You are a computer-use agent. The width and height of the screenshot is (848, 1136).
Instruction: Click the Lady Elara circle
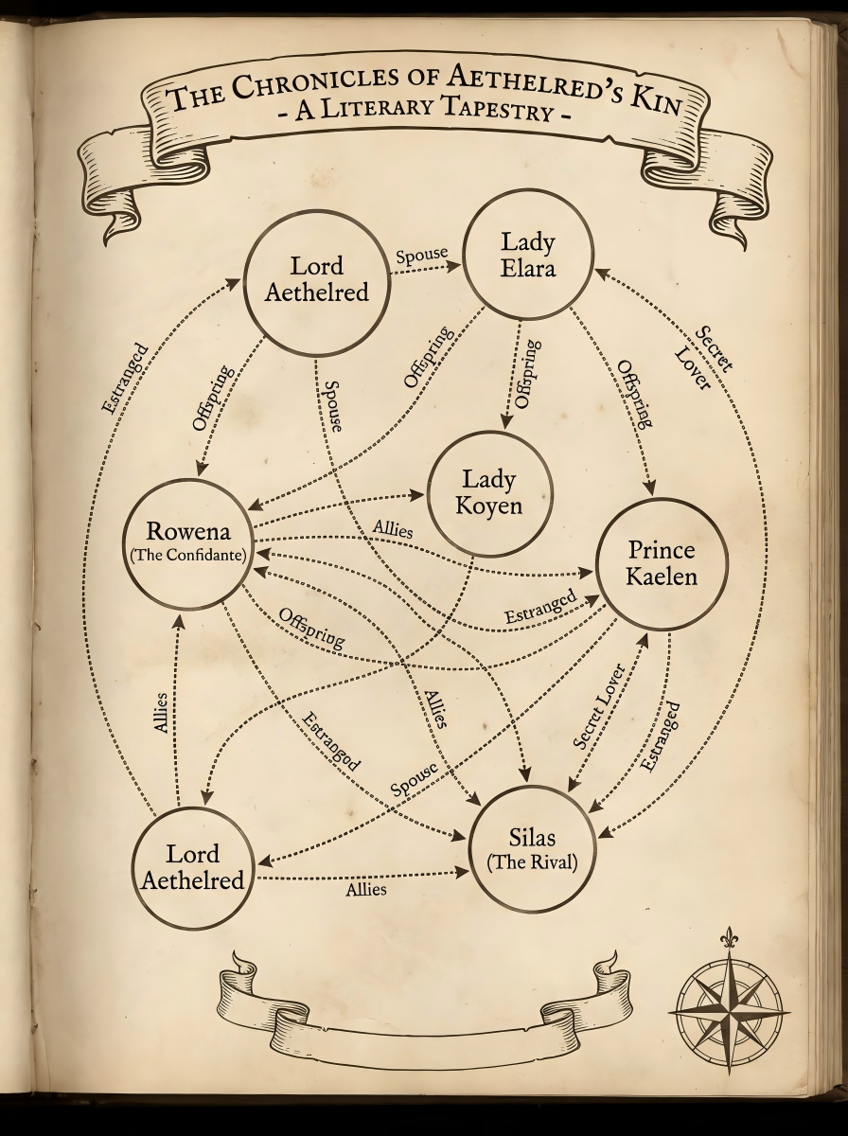[528, 255]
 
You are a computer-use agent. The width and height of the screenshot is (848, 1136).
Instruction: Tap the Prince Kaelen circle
[661, 563]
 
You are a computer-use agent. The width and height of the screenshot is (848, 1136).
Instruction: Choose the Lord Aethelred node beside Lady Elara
[316, 279]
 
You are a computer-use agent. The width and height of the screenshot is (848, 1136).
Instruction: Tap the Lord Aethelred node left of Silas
[193, 866]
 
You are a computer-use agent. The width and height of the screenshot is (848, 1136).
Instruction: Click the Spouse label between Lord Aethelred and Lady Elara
[422, 256]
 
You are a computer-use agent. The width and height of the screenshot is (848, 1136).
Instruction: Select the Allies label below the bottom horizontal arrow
[365, 890]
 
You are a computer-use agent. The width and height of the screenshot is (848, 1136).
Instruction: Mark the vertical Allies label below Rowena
[161, 712]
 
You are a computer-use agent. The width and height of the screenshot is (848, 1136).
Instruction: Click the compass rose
[730, 1009]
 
